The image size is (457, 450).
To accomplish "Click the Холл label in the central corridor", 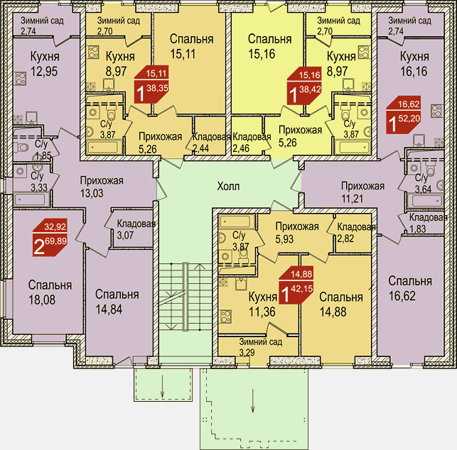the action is [228, 186].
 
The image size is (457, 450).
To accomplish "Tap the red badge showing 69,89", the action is [50, 238].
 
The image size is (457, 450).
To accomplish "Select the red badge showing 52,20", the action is [404, 115].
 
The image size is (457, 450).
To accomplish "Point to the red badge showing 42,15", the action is [296, 285].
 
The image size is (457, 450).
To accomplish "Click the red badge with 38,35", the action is [151, 84].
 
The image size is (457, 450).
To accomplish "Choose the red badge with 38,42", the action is [304, 86].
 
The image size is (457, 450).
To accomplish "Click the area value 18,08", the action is [42, 300].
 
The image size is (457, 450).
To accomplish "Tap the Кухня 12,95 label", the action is [45, 64].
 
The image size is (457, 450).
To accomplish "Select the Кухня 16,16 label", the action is [414, 64].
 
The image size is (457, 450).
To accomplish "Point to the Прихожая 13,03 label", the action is [102, 187].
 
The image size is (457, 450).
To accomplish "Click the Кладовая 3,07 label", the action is [136, 229].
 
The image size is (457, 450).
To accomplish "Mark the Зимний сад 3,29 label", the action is [261, 346].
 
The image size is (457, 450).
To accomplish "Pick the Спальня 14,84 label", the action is [117, 302].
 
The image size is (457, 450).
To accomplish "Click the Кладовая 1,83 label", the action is [428, 223].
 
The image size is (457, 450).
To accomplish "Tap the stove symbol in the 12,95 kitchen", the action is [21, 79].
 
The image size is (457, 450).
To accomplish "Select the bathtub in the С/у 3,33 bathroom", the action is [31, 199].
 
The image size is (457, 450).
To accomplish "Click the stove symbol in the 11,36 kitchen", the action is [225, 317].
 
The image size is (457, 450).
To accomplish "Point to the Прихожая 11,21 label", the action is [362, 192].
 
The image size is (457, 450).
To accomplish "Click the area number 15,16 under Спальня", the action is [262, 54].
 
